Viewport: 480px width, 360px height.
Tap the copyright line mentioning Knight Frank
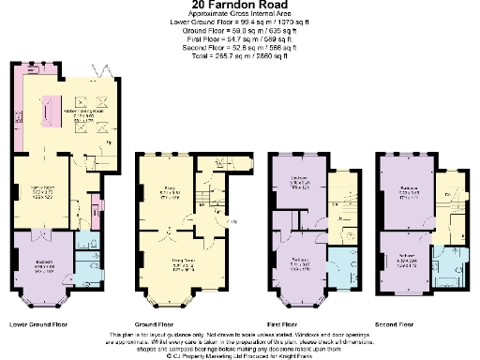240,355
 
